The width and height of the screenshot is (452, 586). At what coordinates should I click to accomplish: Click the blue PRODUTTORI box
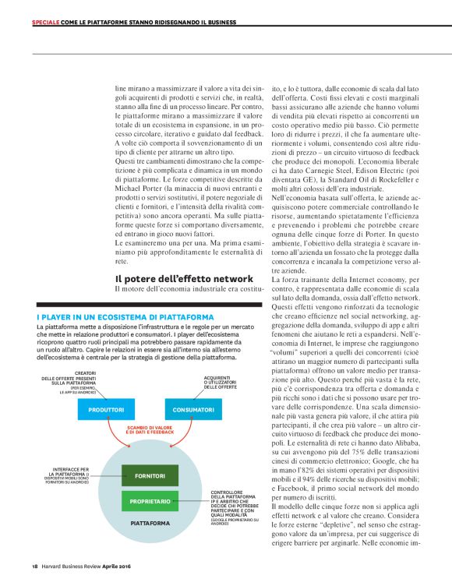[x=106, y=409]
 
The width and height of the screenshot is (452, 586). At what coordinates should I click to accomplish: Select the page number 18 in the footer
[x=35, y=567]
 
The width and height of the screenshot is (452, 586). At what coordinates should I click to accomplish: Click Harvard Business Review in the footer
[x=71, y=567]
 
